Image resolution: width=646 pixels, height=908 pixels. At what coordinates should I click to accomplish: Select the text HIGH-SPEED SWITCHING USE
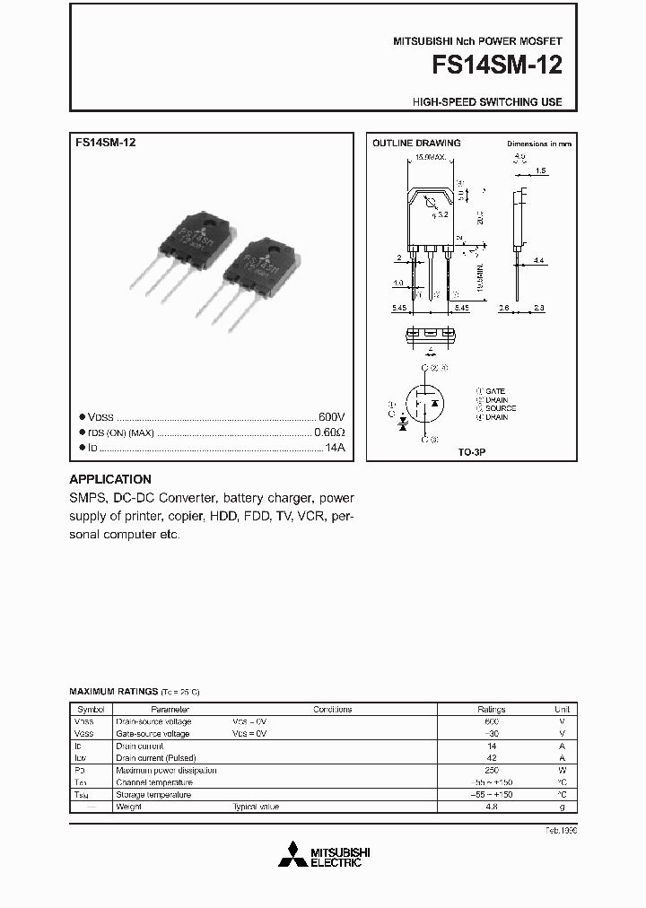[487, 102]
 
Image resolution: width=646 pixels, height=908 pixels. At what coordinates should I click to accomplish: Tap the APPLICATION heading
[110, 479]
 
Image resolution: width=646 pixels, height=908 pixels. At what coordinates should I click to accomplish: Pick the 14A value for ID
[334, 447]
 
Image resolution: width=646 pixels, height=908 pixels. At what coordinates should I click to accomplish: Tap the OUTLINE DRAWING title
[416, 144]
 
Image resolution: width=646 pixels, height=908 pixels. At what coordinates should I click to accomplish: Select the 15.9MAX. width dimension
[430, 158]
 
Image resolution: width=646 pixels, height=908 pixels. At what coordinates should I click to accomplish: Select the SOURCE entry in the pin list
[500, 408]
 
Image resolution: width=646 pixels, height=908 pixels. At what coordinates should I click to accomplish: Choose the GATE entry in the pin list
[494, 391]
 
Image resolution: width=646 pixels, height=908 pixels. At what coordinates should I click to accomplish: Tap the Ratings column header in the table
[491, 709]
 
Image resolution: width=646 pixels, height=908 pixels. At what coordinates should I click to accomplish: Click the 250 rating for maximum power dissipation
[491, 770]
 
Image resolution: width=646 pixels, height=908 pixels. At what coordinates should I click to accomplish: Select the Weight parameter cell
[128, 807]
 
